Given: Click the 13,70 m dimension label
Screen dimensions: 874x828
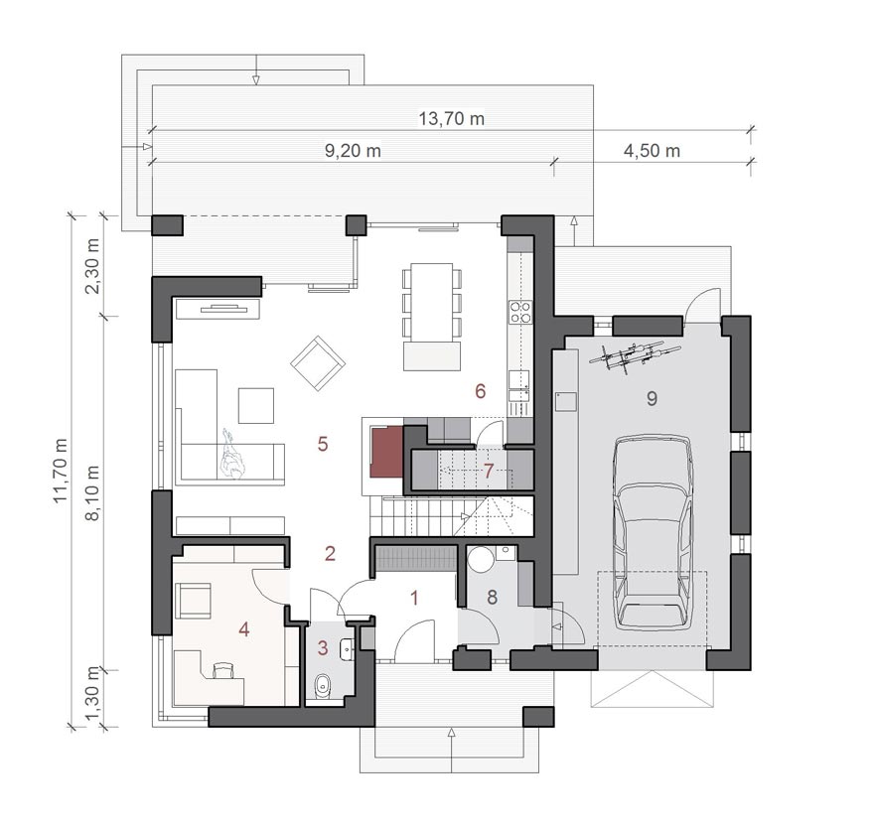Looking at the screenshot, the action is (451, 119).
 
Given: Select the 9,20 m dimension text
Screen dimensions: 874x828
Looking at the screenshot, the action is (353, 151).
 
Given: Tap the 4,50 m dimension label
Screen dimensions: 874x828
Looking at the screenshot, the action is (652, 151).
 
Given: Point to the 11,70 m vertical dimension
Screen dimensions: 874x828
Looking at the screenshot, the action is (61, 471).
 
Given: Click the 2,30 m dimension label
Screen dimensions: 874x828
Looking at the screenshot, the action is (92, 266).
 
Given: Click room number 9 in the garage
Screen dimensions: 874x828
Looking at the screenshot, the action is (652, 398).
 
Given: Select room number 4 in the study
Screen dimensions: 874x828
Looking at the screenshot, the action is (243, 629).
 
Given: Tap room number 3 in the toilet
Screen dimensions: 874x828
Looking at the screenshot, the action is (323, 648).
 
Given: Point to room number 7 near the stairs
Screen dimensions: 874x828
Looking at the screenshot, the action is (489, 472).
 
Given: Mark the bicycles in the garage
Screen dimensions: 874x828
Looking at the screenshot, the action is (635, 355).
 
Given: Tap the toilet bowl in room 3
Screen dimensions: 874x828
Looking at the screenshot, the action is (323, 686).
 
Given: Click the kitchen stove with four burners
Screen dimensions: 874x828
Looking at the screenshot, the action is (520, 312).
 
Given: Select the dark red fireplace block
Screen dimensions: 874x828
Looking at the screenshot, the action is (387, 452).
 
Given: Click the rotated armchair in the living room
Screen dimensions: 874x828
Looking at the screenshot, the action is (318, 363).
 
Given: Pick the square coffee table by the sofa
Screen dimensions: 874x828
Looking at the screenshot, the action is (256, 406).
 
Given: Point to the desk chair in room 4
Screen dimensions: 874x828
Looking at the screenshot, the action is (223, 669).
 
